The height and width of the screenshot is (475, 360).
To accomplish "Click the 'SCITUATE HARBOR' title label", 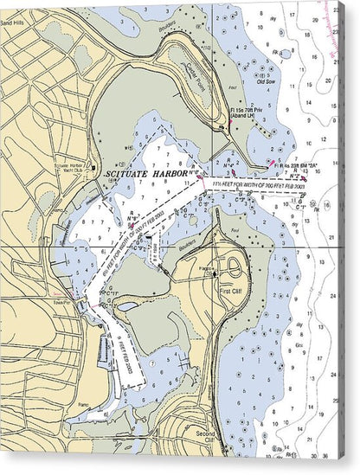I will (143, 174).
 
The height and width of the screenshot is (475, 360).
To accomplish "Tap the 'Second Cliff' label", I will (206, 433).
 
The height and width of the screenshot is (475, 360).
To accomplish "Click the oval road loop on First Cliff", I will (234, 269).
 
